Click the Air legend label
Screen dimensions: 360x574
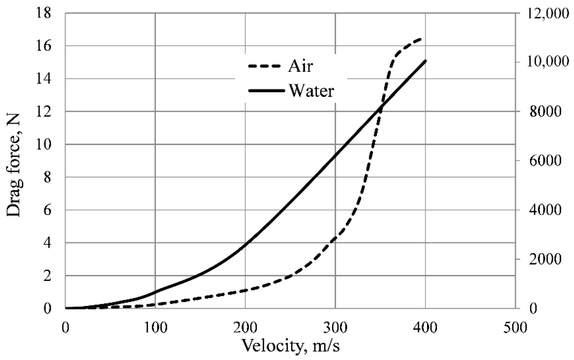(x=300, y=66)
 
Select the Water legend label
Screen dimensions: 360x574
(x=311, y=91)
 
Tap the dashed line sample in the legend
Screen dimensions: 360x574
(x=264, y=66)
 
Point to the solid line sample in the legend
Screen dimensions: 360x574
(x=266, y=91)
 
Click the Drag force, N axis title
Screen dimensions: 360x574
(x=14, y=165)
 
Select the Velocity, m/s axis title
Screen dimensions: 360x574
(x=290, y=345)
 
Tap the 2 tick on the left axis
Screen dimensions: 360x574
(x=47, y=276)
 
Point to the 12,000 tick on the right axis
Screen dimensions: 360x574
(x=547, y=13)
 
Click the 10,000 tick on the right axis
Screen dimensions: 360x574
(x=547, y=62)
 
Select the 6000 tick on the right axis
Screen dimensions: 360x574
(x=541, y=161)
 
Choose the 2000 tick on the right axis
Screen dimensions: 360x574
(x=541, y=259)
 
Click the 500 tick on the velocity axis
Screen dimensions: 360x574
(x=515, y=327)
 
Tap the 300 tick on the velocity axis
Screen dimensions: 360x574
(x=335, y=327)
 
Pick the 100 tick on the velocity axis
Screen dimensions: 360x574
(x=155, y=327)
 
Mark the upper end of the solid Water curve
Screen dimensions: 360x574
(x=425, y=61)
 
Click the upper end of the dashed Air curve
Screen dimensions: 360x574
(x=422, y=39)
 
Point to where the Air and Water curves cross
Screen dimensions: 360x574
(x=380, y=108)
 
